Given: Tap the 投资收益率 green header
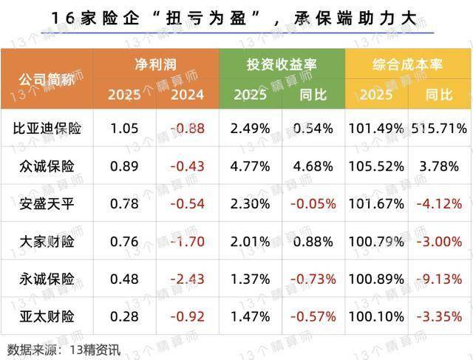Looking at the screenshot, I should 282,64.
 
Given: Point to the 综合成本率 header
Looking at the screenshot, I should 407,64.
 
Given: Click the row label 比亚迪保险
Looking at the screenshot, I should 48,129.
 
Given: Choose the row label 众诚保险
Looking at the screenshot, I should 48,166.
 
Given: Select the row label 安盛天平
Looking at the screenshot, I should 48,203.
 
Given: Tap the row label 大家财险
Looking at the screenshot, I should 48,241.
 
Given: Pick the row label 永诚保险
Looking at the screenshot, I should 48,279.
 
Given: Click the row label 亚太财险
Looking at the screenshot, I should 48,316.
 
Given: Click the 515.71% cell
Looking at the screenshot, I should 440,129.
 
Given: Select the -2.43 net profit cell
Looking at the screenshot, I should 187,279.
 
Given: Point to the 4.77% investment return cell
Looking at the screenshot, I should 250,166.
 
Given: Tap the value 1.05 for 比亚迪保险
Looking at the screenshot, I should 124,129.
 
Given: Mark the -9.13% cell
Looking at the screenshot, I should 440,279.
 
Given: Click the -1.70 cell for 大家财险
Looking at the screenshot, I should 187,241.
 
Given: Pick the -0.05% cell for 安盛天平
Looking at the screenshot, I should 313,203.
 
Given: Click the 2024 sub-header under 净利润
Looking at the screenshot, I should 187,95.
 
